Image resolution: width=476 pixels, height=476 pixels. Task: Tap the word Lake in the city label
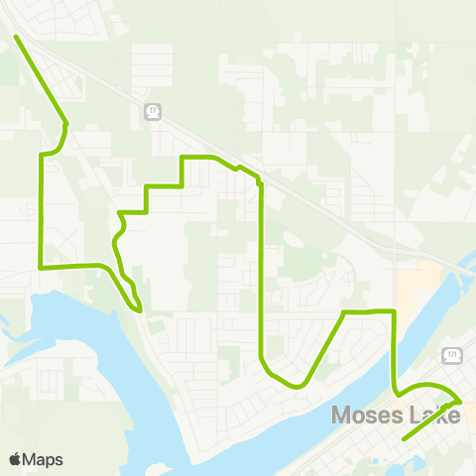(x=433, y=415)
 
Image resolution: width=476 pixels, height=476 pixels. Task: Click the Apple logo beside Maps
(x=15, y=459)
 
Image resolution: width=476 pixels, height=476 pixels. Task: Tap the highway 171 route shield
(x=453, y=353)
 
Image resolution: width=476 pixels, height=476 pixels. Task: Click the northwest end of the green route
(x=16, y=37)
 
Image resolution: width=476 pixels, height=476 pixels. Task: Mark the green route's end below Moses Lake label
(x=405, y=437)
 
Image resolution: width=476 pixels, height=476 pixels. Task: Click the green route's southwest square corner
(x=40, y=267)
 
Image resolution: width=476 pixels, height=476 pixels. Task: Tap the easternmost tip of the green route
(x=461, y=400)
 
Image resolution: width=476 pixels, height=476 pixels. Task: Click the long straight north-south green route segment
(x=260, y=268)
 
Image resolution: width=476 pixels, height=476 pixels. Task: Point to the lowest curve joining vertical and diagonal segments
(x=278, y=380)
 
